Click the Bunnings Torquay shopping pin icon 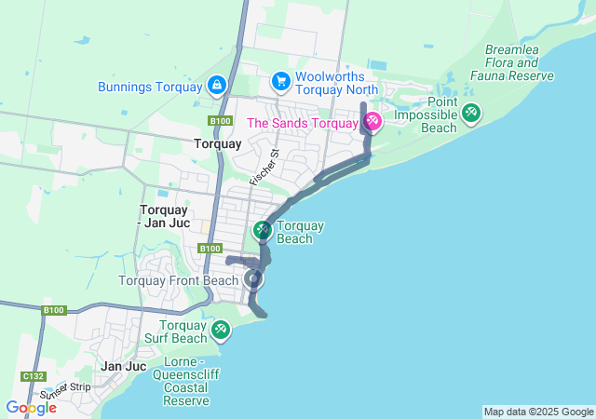(x=216, y=87)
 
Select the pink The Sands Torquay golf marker (x=372, y=122)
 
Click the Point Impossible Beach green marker (x=471, y=114)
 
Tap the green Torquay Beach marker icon (x=263, y=229)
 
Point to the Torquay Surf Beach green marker (x=221, y=330)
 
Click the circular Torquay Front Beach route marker (x=253, y=278)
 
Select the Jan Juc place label (x=124, y=366)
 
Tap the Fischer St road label (x=265, y=165)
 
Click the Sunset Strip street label (x=65, y=390)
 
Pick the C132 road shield (x=34, y=375)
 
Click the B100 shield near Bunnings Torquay (x=221, y=120)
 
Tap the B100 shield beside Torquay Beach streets (x=210, y=249)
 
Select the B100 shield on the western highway (x=54, y=309)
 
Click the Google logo (x=31, y=407)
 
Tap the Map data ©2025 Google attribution (x=538, y=412)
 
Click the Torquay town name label (x=217, y=144)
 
